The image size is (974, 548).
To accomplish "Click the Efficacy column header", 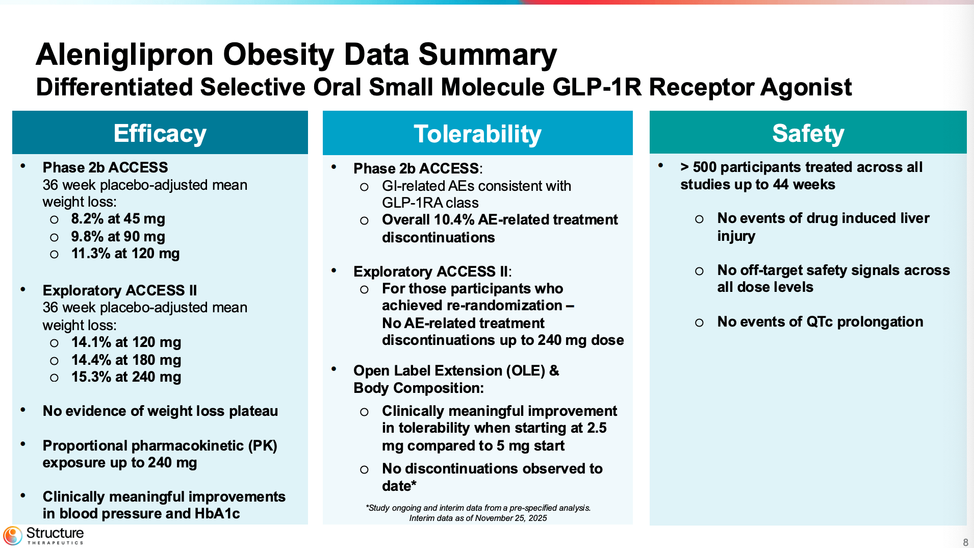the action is point(160,133).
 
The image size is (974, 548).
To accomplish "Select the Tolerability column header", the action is point(477,134).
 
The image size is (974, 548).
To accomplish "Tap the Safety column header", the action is point(808,133).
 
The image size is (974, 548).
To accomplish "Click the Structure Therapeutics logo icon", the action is point(13,536).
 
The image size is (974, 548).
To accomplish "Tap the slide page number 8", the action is point(965,542).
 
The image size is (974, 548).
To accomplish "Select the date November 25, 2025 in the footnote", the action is point(511,518).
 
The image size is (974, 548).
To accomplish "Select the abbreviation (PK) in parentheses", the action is point(263,446).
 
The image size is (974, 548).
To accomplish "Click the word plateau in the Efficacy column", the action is point(253,411).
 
